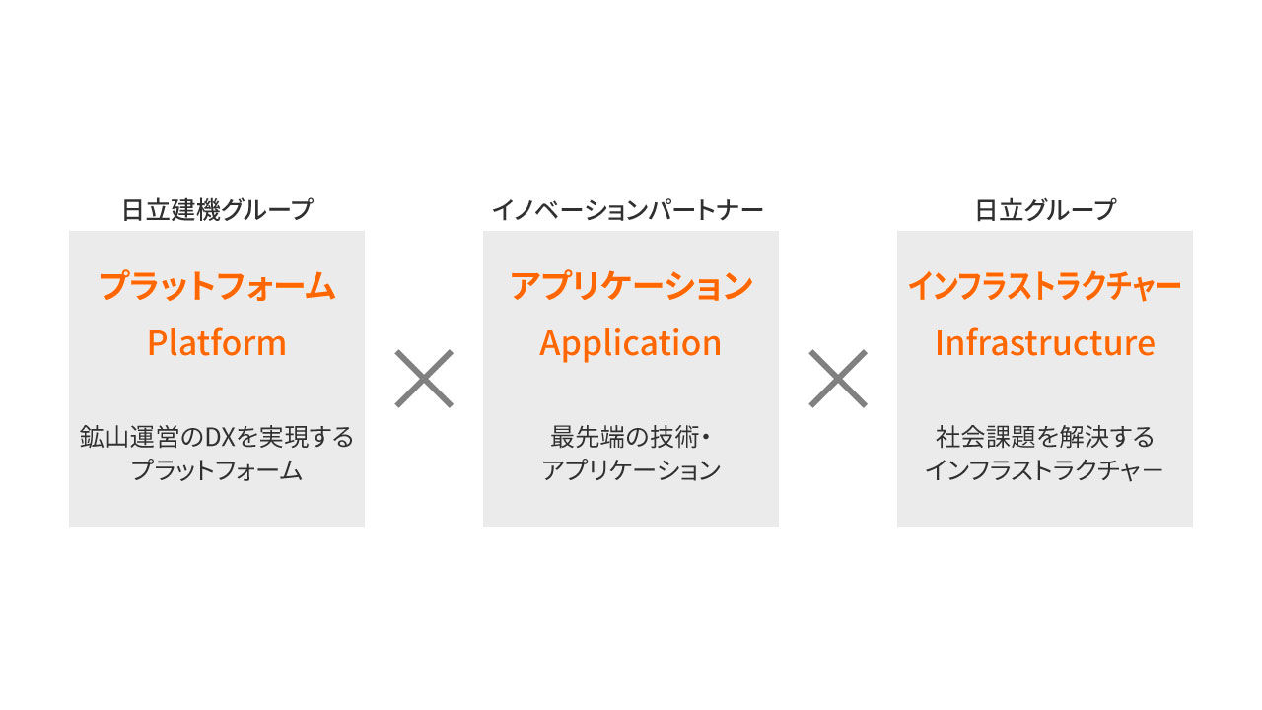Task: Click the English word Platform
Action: tap(217, 343)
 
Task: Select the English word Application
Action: tap(630, 343)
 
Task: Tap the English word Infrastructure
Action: tap(1045, 342)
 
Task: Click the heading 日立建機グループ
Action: tap(217, 210)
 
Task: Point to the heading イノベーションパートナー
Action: tap(628, 210)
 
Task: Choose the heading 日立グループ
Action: tap(1045, 210)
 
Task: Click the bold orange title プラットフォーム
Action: tap(217, 285)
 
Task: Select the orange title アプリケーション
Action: tap(631, 285)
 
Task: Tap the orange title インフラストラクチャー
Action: tap(1045, 285)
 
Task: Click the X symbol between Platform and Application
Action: tap(424, 378)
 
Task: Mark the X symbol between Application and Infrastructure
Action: tap(838, 378)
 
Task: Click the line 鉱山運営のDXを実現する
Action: tap(217, 437)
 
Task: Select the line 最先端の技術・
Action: tap(629, 437)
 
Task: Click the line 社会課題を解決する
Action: tap(1045, 437)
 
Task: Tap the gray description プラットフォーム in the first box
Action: tap(217, 470)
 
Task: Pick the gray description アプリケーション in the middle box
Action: tap(631, 470)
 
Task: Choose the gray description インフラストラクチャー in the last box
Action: tap(1044, 470)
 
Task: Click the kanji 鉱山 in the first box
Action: tap(105, 437)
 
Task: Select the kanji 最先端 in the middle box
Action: tap(587, 437)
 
